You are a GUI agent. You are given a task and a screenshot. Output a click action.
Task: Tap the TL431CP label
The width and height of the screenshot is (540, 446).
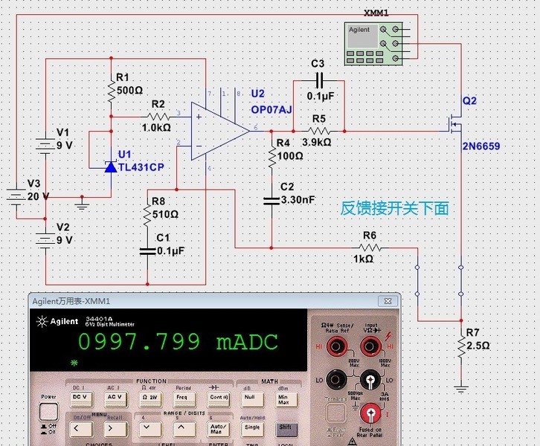click(141, 167)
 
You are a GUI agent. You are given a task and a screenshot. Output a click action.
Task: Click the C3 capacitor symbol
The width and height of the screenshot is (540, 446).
click(319, 80)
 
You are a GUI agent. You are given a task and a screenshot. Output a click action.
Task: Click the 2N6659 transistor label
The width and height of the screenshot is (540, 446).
click(480, 146)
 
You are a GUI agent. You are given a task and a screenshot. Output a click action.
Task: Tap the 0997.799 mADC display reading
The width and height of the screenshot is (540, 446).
click(178, 342)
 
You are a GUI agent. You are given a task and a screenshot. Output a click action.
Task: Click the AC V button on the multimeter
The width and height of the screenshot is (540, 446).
click(115, 397)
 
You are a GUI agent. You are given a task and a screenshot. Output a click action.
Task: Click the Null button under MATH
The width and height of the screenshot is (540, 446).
click(249, 397)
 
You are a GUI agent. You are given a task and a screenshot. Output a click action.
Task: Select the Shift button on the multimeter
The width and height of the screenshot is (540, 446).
click(284, 427)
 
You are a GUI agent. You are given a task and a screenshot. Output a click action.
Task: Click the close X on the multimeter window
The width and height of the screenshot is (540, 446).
click(387, 301)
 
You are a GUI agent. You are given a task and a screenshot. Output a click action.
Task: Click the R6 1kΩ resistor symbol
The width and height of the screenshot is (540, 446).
click(370, 248)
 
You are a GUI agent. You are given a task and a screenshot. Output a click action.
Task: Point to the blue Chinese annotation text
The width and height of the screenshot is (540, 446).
click(394, 209)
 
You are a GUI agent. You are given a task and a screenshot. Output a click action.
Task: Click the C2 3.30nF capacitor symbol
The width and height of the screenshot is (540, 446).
click(271, 200)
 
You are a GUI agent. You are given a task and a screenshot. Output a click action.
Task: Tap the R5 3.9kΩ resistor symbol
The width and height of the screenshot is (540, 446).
click(319, 131)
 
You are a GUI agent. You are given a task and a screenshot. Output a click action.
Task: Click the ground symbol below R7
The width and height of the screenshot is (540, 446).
click(461, 387)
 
